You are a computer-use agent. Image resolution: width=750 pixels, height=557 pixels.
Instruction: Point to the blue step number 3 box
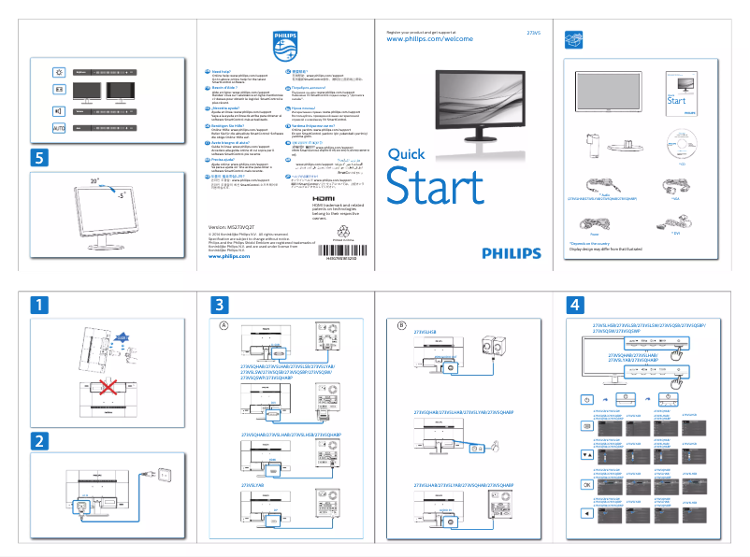[x=219, y=305]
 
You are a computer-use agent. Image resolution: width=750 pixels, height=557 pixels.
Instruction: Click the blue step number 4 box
[x=576, y=305]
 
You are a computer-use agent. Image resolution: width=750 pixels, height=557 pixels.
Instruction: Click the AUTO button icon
[x=59, y=126]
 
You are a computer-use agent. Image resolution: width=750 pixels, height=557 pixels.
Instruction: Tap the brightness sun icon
[x=59, y=71]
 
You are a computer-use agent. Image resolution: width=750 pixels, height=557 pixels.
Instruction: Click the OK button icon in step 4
[x=586, y=485]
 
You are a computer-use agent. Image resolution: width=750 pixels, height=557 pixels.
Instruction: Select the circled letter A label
[x=224, y=324]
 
